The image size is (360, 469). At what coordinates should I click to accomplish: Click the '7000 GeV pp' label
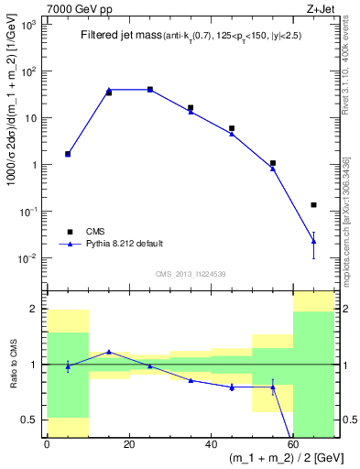tap(74, 7)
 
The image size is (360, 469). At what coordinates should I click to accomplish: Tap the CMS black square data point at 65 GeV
tap(314, 204)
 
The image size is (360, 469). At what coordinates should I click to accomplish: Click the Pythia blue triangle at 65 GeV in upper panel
tap(314, 241)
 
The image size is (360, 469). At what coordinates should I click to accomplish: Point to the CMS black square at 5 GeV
tap(68, 154)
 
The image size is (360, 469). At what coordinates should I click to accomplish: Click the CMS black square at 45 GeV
tap(232, 128)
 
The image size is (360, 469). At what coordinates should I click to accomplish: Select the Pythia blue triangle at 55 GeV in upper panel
tap(273, 169)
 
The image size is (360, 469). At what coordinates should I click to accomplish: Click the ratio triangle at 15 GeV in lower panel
tap(109, 352)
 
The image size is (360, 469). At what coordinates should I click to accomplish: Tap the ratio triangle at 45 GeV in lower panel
tap(232, 387)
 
